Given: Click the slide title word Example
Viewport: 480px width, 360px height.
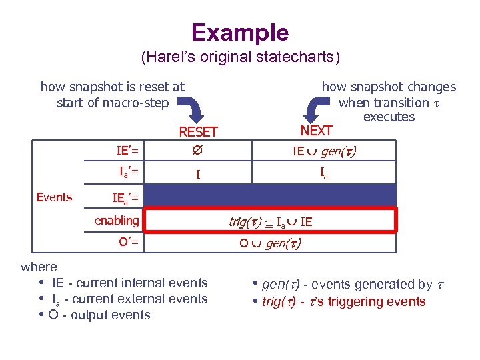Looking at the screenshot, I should [240, 32].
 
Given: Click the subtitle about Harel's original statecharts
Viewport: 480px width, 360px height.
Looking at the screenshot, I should [240, 57].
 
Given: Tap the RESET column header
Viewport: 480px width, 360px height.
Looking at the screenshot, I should [198, 132].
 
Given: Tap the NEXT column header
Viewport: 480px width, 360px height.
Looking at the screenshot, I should [316, 130].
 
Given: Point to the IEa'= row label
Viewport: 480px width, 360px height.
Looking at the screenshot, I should [125, 197].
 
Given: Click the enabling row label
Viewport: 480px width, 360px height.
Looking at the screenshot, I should [117, 220].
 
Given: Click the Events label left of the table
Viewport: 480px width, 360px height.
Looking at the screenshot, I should [54, 197].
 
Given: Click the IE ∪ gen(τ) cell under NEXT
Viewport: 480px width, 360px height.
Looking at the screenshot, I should [324, 151].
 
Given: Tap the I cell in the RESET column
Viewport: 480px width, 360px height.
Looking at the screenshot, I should [197, 175].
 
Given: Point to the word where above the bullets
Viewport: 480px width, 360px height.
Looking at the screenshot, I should [39, 267].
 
